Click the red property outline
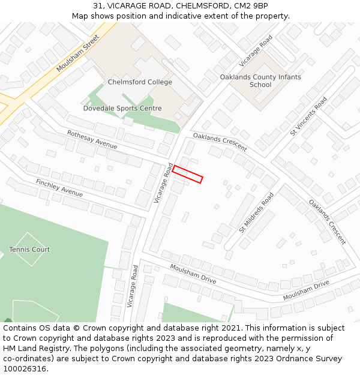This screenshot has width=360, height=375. (188, 174)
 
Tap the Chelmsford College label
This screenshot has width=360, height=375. (140, 82)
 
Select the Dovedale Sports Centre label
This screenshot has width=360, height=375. (122, 109)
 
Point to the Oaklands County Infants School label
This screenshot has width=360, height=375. (260, 81)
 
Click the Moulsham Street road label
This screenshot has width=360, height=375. (77, 53)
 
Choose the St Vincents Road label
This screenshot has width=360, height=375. (309, 116)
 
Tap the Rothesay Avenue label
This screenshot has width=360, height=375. (92, 140)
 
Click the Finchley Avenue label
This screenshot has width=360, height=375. (59, 188)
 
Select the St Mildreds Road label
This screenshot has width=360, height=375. (256, 212)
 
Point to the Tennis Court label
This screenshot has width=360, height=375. (29, 250)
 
